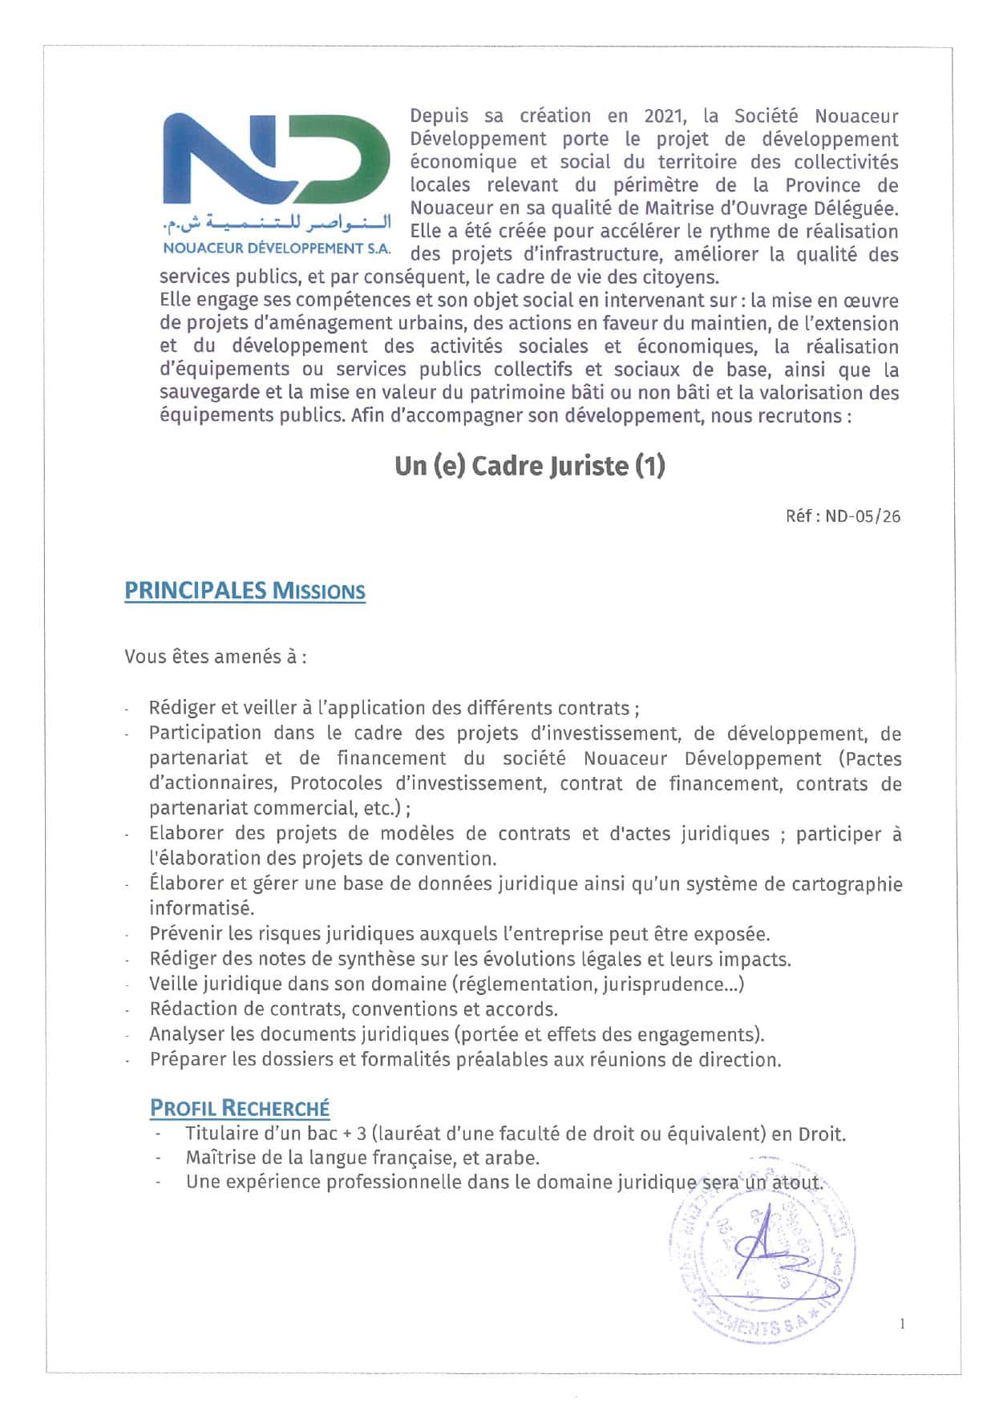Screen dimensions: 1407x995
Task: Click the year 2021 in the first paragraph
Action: (665, 116)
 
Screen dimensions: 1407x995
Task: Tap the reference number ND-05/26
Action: (863, 516)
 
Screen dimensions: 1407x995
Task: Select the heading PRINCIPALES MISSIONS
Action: (245, 592)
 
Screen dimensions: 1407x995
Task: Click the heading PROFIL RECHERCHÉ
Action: (240, 1108)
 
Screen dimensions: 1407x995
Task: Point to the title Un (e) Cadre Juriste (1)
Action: (529, 466)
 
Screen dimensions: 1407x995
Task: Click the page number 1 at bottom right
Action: (902, 1324)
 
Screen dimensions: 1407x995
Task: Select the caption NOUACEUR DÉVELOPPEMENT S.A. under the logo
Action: (277, 249)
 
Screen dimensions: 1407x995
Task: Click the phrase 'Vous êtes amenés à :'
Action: (216, 657)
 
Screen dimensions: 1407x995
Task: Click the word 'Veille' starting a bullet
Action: (176, 984)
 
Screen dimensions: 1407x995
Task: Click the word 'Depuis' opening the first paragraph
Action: (439, 116)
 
